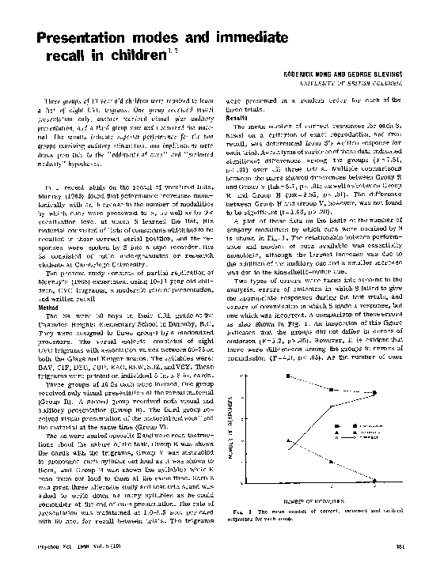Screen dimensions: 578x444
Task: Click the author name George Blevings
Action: point(385,73)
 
